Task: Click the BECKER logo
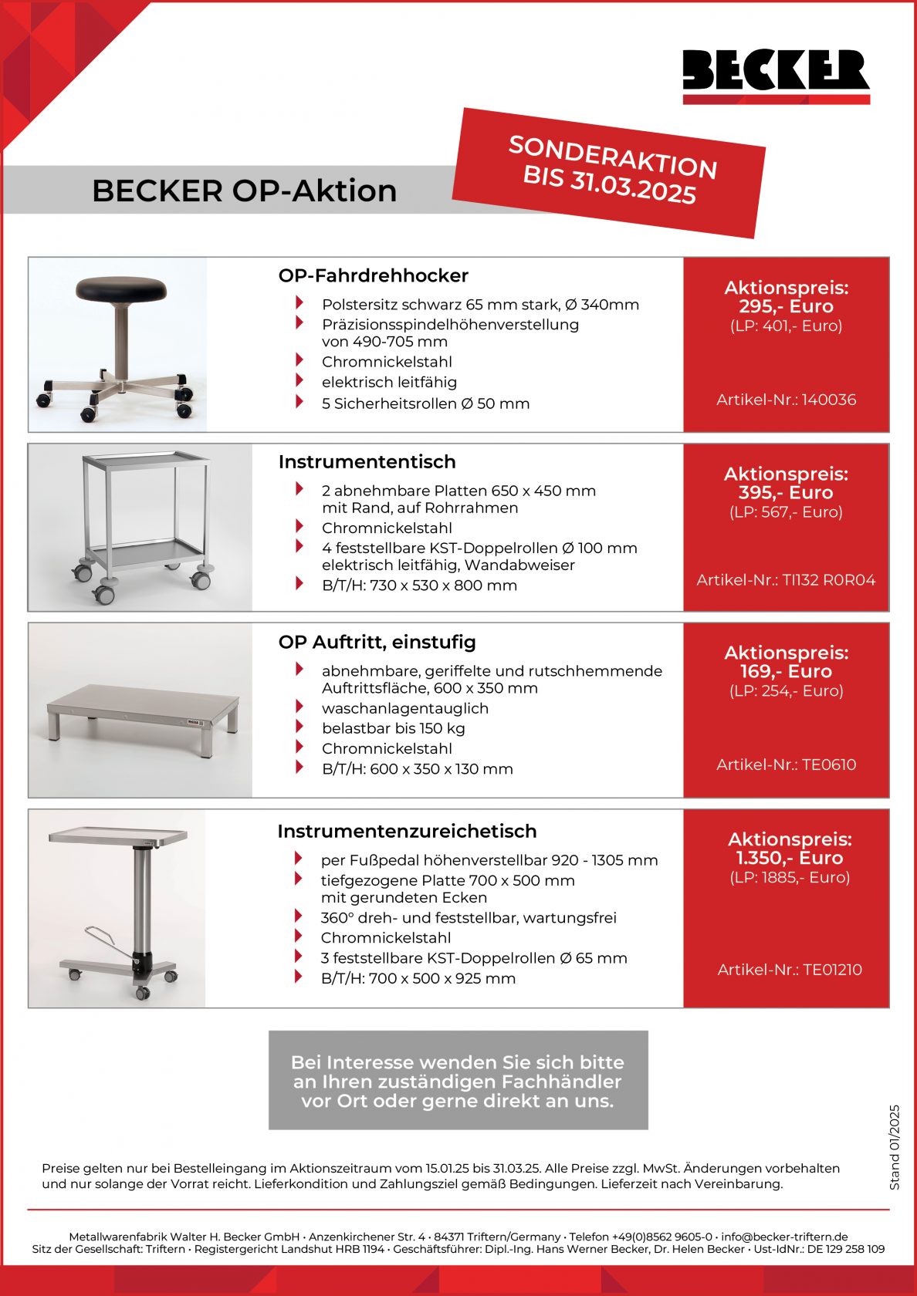[776, 75]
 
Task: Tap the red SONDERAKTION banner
[610, 171]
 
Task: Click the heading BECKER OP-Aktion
[244, 191]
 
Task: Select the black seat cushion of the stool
[121, 289]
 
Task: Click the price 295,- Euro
[786, 306]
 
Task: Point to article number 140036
[786, 400]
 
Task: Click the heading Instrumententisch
[367, 462]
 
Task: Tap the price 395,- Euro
[786, 493]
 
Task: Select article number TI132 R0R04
[786, 580]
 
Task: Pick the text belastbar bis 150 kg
[393, 728]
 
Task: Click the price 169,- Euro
[786, 672]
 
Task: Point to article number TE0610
[786, 764]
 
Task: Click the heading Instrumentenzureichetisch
[407, 832]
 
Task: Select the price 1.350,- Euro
[789, 859]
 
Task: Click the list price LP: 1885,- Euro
[789, 878]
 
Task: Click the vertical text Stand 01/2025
[895, 1147]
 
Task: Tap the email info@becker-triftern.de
[784, 1237]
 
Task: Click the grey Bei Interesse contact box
[458, 1081]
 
